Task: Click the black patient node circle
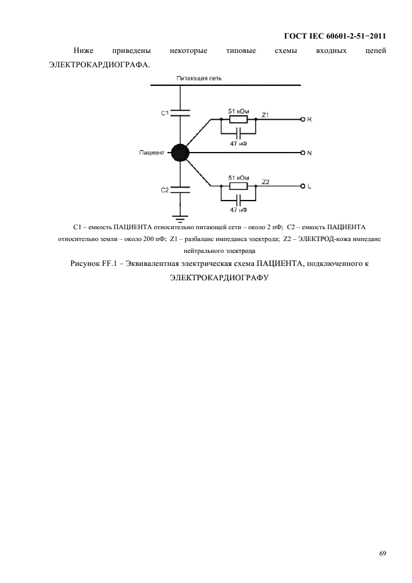coord(180,152)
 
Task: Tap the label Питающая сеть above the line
coord(199,78)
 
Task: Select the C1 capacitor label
coord(165,113)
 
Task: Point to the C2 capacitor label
coord(165,190)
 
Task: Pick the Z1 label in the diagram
coord(266,115)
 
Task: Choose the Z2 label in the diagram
coord(266,181)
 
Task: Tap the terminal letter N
coord(310,153)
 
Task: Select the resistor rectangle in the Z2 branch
coord(239,186)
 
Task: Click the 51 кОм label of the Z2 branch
coord(239,178)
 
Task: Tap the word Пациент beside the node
coord(152,152)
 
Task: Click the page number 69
coord(383,552)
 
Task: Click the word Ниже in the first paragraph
coord(82,50)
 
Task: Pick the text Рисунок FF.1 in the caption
coord(95,264)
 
